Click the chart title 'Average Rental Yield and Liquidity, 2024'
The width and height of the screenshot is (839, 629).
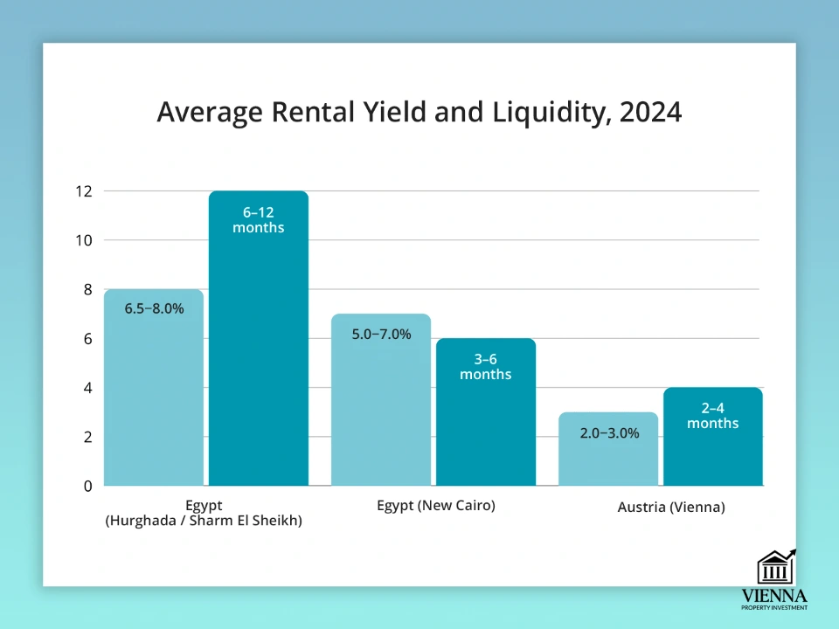419,113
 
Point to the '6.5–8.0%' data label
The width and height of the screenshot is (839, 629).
154,308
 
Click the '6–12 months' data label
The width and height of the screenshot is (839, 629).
259,220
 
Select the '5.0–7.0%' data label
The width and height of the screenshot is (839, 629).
381,334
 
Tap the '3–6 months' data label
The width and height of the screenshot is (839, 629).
486,367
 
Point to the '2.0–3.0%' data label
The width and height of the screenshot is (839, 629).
608,432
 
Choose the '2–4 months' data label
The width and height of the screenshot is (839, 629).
713,416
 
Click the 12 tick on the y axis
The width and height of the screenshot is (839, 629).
85,191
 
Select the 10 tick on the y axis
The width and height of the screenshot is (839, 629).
85,240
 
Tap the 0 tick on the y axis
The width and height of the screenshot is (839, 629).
88,486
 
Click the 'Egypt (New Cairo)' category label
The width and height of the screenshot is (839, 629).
436,505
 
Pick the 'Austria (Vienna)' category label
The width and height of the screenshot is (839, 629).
671,507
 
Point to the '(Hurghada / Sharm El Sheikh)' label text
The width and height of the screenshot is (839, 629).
204,522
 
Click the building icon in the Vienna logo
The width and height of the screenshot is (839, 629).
774,569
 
